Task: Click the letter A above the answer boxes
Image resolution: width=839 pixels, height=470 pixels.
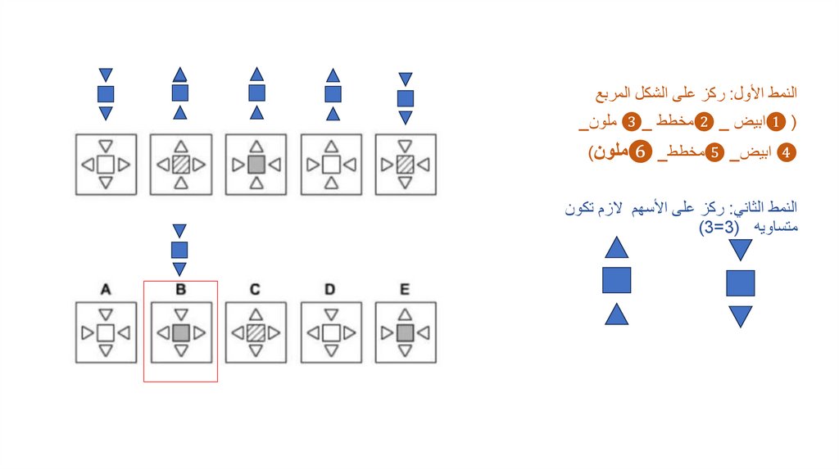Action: click(x=106, y=289)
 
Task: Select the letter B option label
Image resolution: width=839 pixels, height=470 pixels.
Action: click(x=181, y=289)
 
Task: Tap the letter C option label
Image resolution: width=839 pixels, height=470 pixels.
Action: click(x=256, y=289)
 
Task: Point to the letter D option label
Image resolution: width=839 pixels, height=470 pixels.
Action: click(x=330, y=289)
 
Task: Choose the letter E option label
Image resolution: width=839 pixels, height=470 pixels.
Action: click(x=405, y=289)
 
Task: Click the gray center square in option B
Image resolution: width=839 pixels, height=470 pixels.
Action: click(x=181, y=332)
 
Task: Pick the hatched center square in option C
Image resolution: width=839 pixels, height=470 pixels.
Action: click(x=256, y=332)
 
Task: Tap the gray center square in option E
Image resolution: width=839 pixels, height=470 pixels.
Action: click(x=405, y=332)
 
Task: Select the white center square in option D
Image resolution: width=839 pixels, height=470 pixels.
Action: click(x=330, y=332)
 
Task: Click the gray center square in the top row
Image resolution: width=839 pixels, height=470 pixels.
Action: click(x=256, y=165)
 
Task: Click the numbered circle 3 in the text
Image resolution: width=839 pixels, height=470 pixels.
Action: click(x=632, y=123)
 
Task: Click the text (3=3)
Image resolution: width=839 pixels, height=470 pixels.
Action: click(x=716, y=227)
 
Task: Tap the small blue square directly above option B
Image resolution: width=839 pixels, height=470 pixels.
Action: click(x=180, y=250)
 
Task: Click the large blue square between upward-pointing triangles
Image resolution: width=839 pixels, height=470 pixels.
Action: click(x=616, y=280)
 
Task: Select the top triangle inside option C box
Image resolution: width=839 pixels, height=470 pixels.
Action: click(x=256, y=314)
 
